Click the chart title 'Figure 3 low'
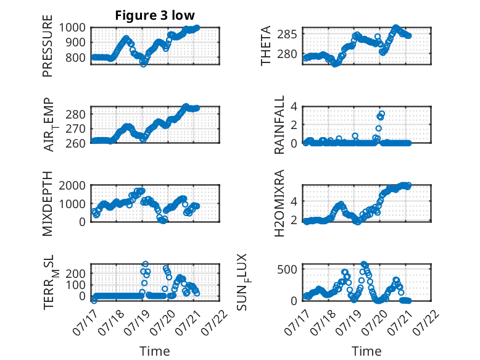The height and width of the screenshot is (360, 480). coord(155,15)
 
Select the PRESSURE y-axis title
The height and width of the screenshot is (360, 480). coord(48,46)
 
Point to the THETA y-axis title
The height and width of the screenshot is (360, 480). coord(266,46)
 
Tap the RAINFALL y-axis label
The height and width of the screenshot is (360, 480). coord(279,125)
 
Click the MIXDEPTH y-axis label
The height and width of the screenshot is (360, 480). coord(48,203)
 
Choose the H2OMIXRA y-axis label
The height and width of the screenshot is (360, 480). coord(279,203)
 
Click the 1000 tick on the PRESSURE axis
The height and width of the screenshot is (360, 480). coord(72,28)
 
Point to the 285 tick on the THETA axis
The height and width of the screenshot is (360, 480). coord(287,35)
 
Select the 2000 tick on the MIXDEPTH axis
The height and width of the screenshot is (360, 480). coord(72,185)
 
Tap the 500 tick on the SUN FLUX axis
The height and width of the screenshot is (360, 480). coord(287,269)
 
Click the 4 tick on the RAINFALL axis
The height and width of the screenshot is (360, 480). coord(294,107)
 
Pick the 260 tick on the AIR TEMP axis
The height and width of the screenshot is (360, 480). coord(75,143)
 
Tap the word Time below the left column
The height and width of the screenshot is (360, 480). coord(155,351)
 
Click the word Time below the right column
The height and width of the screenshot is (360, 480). coord(366,351)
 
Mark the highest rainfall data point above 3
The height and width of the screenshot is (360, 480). coord(381,114)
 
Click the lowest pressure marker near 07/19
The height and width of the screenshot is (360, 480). coord(143,64)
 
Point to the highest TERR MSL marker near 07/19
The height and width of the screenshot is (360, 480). coord(146,264)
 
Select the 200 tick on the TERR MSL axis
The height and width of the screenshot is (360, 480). coord(75,273)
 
